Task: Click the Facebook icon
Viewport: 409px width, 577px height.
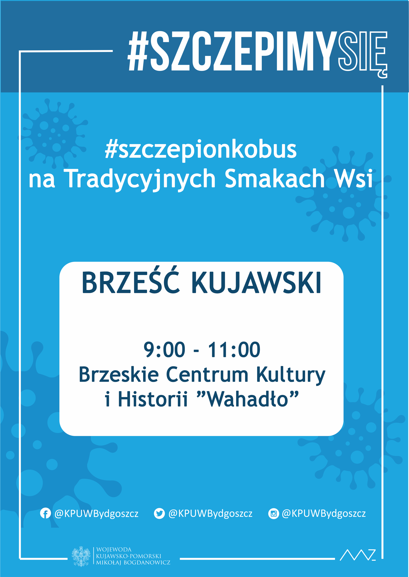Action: pyautogui.click(x=45, y=514)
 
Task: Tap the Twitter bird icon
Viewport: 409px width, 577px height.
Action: pyautogui.click(x=159, y=514)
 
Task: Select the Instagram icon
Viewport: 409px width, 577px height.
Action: pyautogui.click(x=273, y=514)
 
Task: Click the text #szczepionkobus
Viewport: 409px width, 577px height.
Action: pyautogui.click(x=201, y=150)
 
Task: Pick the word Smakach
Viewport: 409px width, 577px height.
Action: pyautogui.click(x=275, y=178)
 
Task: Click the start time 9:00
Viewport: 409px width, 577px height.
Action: pyautogui.click(x=164, y=350)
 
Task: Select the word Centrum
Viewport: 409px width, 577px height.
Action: pyautogui.click(x=207, y=375)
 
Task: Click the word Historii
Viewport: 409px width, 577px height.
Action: pyautogui.click(x=153, y=399)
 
